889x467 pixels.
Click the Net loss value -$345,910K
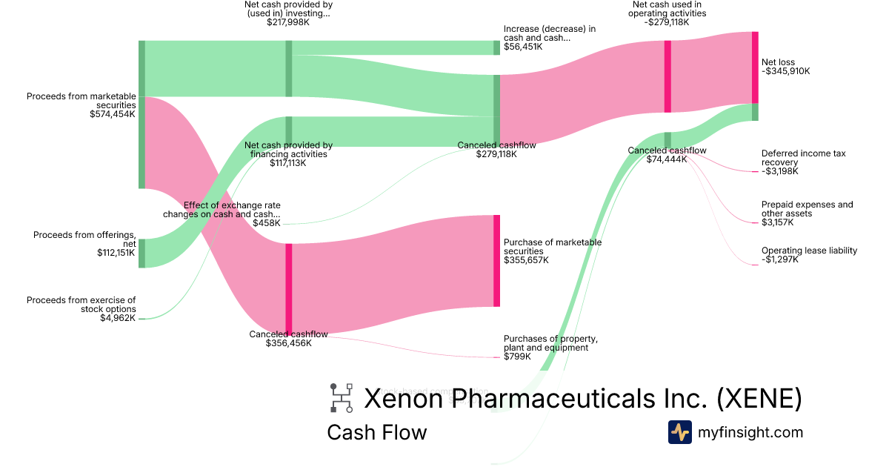point(785,72)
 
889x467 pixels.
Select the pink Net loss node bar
point(755,67)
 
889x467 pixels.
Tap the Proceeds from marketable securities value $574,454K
point(113,114)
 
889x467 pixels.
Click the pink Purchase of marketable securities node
point(496,260)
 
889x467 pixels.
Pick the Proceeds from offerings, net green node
point(141,253)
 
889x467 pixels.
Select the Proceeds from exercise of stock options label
point(81,305)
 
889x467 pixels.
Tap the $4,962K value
point(118,318)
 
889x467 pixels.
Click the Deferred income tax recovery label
point(803,158)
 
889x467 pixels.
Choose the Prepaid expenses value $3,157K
point(777,222)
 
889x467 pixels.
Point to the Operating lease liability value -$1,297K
point(780,260)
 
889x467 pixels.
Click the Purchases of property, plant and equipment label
point(550,343)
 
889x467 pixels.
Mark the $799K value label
point(517,357)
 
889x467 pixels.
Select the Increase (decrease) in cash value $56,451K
point(523,47)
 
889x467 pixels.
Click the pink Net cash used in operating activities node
point(667,76)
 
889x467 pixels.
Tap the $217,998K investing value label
point(288,23)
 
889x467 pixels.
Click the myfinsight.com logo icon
point(679,432)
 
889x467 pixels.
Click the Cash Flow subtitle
point(376,432)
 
